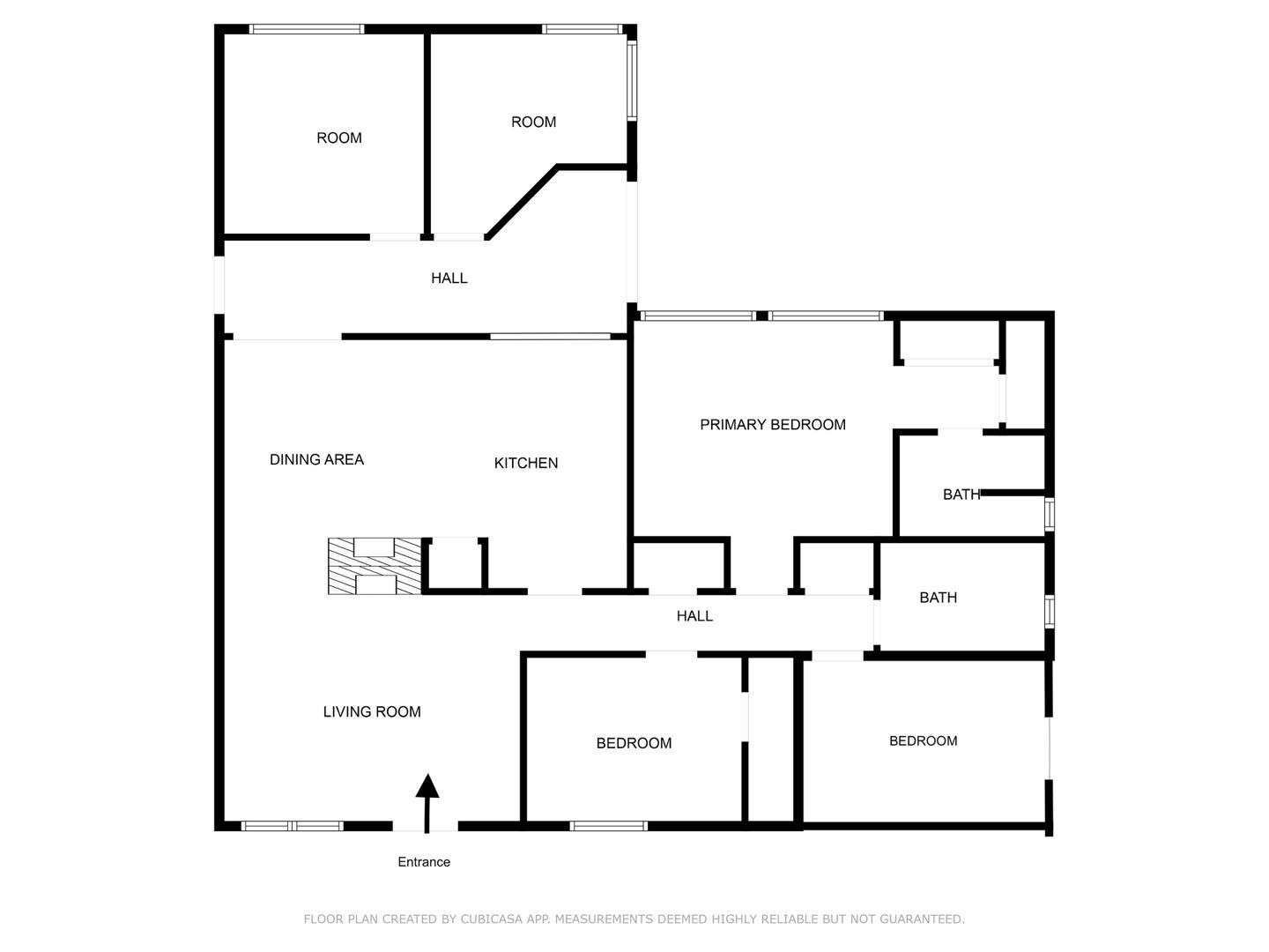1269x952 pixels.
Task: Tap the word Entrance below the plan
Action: pyautogui.click(x=424, y=862)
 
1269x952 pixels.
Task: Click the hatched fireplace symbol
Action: pyautogui.click(x=375, y=566)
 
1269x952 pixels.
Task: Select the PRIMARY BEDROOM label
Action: pyautogui.click(x=772, y=425)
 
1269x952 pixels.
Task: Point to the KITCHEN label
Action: pyautogui.click(x=525, y=463)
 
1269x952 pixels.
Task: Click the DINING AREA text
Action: pyautogui.click(x=316, y=459)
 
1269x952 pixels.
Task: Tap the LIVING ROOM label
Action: pyautogui.click(x=372, y=711)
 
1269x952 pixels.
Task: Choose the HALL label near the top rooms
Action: pyautogui.click(x=449, y=279)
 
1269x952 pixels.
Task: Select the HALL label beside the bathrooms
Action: pyautogui.click(x=694, y=616)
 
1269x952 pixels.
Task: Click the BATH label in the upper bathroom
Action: pyautogui.click(x=961, y=495)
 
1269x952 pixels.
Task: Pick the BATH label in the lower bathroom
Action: pyautogui.click(x=938, y=598)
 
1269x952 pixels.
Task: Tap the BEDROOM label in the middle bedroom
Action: pyautogui.click(x=634, y=743)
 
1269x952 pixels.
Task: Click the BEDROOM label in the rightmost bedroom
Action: pyautogui.click(x=923, y=741)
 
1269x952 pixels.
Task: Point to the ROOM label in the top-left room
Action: pyautogui.click(x=339, y=138)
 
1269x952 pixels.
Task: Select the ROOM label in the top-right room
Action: pyautogui.click(x=533, y=122)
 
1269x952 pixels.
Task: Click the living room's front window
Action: pyautogui.click(x=292, y=826)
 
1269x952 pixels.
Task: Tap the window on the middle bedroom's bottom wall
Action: pyautogui.click(x=608, y=826)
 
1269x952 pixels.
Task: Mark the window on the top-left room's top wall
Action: pyautogui.click(x=307, y=29)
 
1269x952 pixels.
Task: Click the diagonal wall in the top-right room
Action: pyautogui.click(x=523, y=202)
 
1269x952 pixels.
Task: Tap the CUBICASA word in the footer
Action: pyautogui.click(x=493, y=919)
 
